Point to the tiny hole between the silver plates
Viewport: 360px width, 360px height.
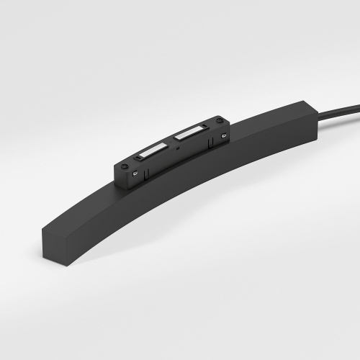pyautogui.click(x=170, y=141)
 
